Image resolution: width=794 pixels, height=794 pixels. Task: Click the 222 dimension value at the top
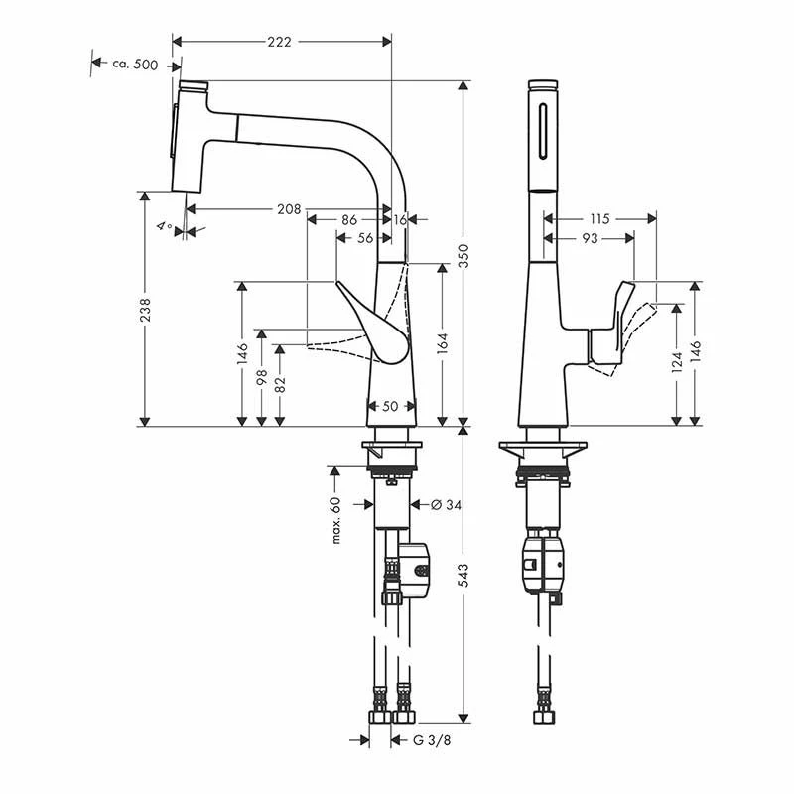[x=280, y=42]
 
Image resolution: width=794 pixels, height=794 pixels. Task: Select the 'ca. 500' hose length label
[x=135, y=65]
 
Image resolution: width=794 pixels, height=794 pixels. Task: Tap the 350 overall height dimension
[x=463, y=256]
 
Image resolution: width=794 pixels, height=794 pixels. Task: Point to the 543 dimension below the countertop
[x=463, y=576]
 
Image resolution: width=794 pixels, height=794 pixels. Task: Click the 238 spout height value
[x=145, y=310]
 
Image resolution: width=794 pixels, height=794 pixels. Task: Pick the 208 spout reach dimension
[x=289, y=209]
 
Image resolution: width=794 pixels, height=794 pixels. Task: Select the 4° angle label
[x=164, y=226]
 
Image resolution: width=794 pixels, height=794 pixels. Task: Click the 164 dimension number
[x=443, y=343]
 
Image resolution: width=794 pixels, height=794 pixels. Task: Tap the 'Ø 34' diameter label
[x=446, y=505]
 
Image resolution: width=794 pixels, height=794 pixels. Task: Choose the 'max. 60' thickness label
[x=335, y=521]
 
